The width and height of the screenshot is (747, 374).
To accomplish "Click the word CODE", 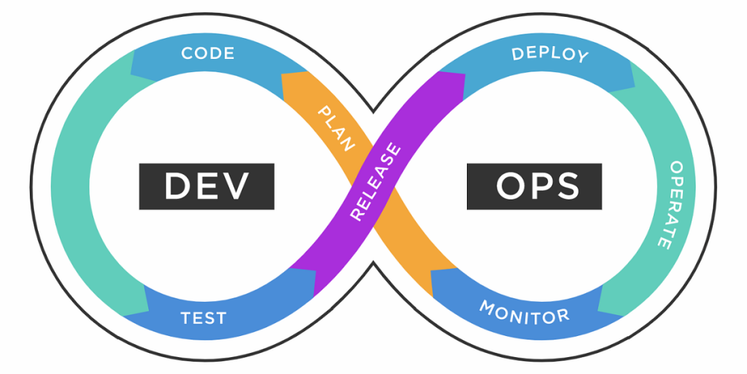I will (x=208, y=53).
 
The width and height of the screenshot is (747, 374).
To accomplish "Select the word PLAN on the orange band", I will (x=336, y=128).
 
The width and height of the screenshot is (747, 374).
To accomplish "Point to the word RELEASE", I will (x=376, y=182).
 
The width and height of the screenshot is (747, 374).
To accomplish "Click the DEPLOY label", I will (x=549, y=54).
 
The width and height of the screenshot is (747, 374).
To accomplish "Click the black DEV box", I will (x=206, y=186).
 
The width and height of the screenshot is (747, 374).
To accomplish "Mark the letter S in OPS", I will (x=566, y=186).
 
